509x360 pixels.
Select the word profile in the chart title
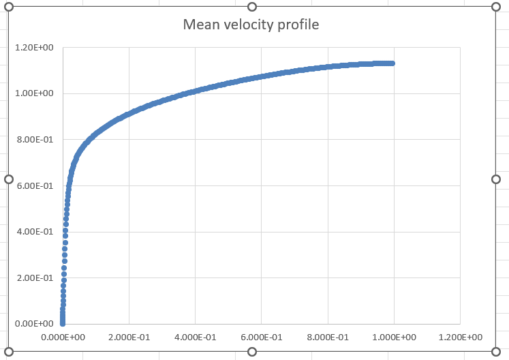point(297,26)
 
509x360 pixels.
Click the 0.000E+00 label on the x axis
point(63,337)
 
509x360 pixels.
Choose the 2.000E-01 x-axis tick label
point(129,337)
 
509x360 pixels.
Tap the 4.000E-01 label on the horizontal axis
point(195,337)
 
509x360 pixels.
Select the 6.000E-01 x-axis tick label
point(261,337)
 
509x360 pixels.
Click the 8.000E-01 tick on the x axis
point(328,337)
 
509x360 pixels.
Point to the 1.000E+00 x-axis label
point(394,337)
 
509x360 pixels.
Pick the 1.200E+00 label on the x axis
point(460,337)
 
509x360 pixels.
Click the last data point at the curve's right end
point(392,63)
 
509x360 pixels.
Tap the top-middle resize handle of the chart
point(252,6)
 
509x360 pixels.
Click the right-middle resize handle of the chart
point(495,179)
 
